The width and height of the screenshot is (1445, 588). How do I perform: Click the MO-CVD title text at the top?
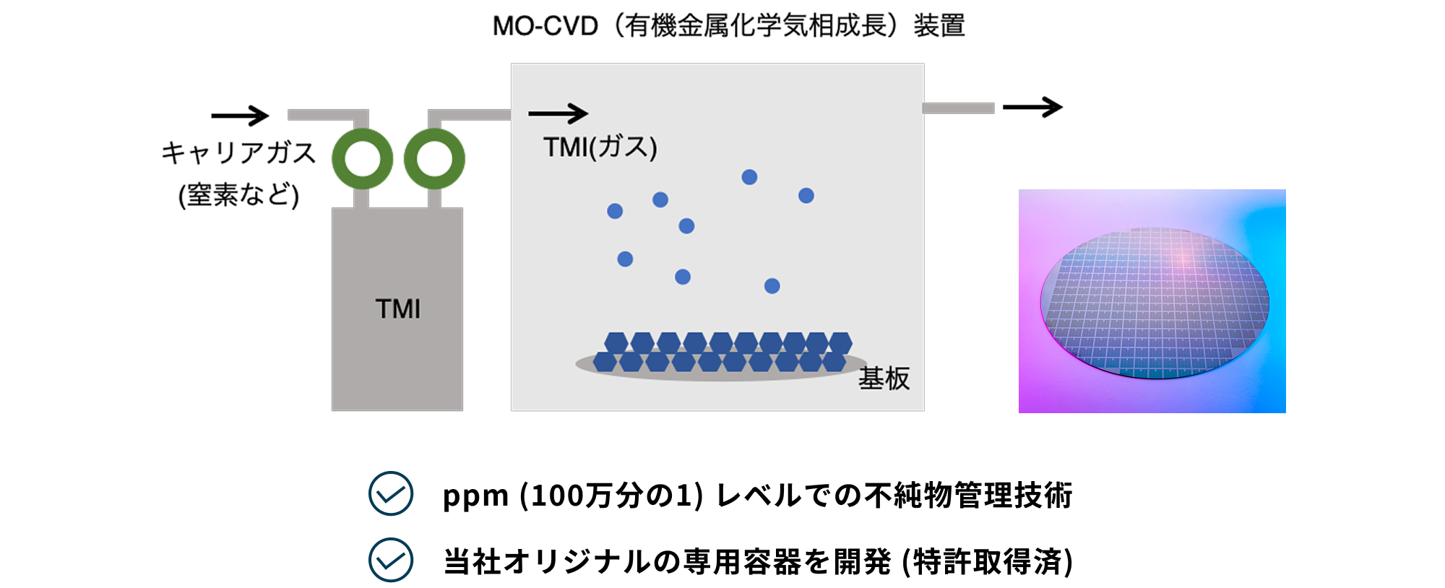click(728, 26)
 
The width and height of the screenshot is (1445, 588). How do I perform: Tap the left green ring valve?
click(362, 159)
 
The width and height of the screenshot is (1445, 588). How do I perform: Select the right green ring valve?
click(434, 159)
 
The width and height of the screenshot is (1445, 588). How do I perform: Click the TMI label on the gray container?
click(397, 309)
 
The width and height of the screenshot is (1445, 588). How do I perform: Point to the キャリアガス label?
click(238, 152)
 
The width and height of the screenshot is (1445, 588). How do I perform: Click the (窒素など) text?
click(238, 195)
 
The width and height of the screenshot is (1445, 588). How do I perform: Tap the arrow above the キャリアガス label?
click(240, 115)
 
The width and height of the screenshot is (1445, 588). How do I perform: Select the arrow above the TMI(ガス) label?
click(558, 113)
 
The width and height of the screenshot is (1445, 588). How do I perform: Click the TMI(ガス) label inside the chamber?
click(600, 147)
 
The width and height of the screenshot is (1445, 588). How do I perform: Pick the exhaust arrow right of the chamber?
click(1032, 108)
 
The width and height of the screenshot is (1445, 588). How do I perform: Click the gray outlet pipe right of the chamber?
click(958, 108)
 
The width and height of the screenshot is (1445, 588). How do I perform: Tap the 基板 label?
click(884, 378)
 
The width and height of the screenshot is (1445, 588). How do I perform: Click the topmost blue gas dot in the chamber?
click(749, 177)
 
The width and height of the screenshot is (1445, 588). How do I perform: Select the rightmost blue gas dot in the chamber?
click(806, 196)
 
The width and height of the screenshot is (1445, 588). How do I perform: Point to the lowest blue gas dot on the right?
click(772, 286)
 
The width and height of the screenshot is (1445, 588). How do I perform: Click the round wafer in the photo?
click(1154, 303)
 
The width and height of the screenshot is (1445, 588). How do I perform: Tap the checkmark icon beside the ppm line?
click(391, 493)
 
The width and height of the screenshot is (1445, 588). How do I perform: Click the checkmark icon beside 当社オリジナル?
click(391, 560)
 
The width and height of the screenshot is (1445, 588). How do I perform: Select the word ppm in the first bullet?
click(475, 496)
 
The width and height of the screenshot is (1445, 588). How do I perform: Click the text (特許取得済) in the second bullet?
click(987, 561)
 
